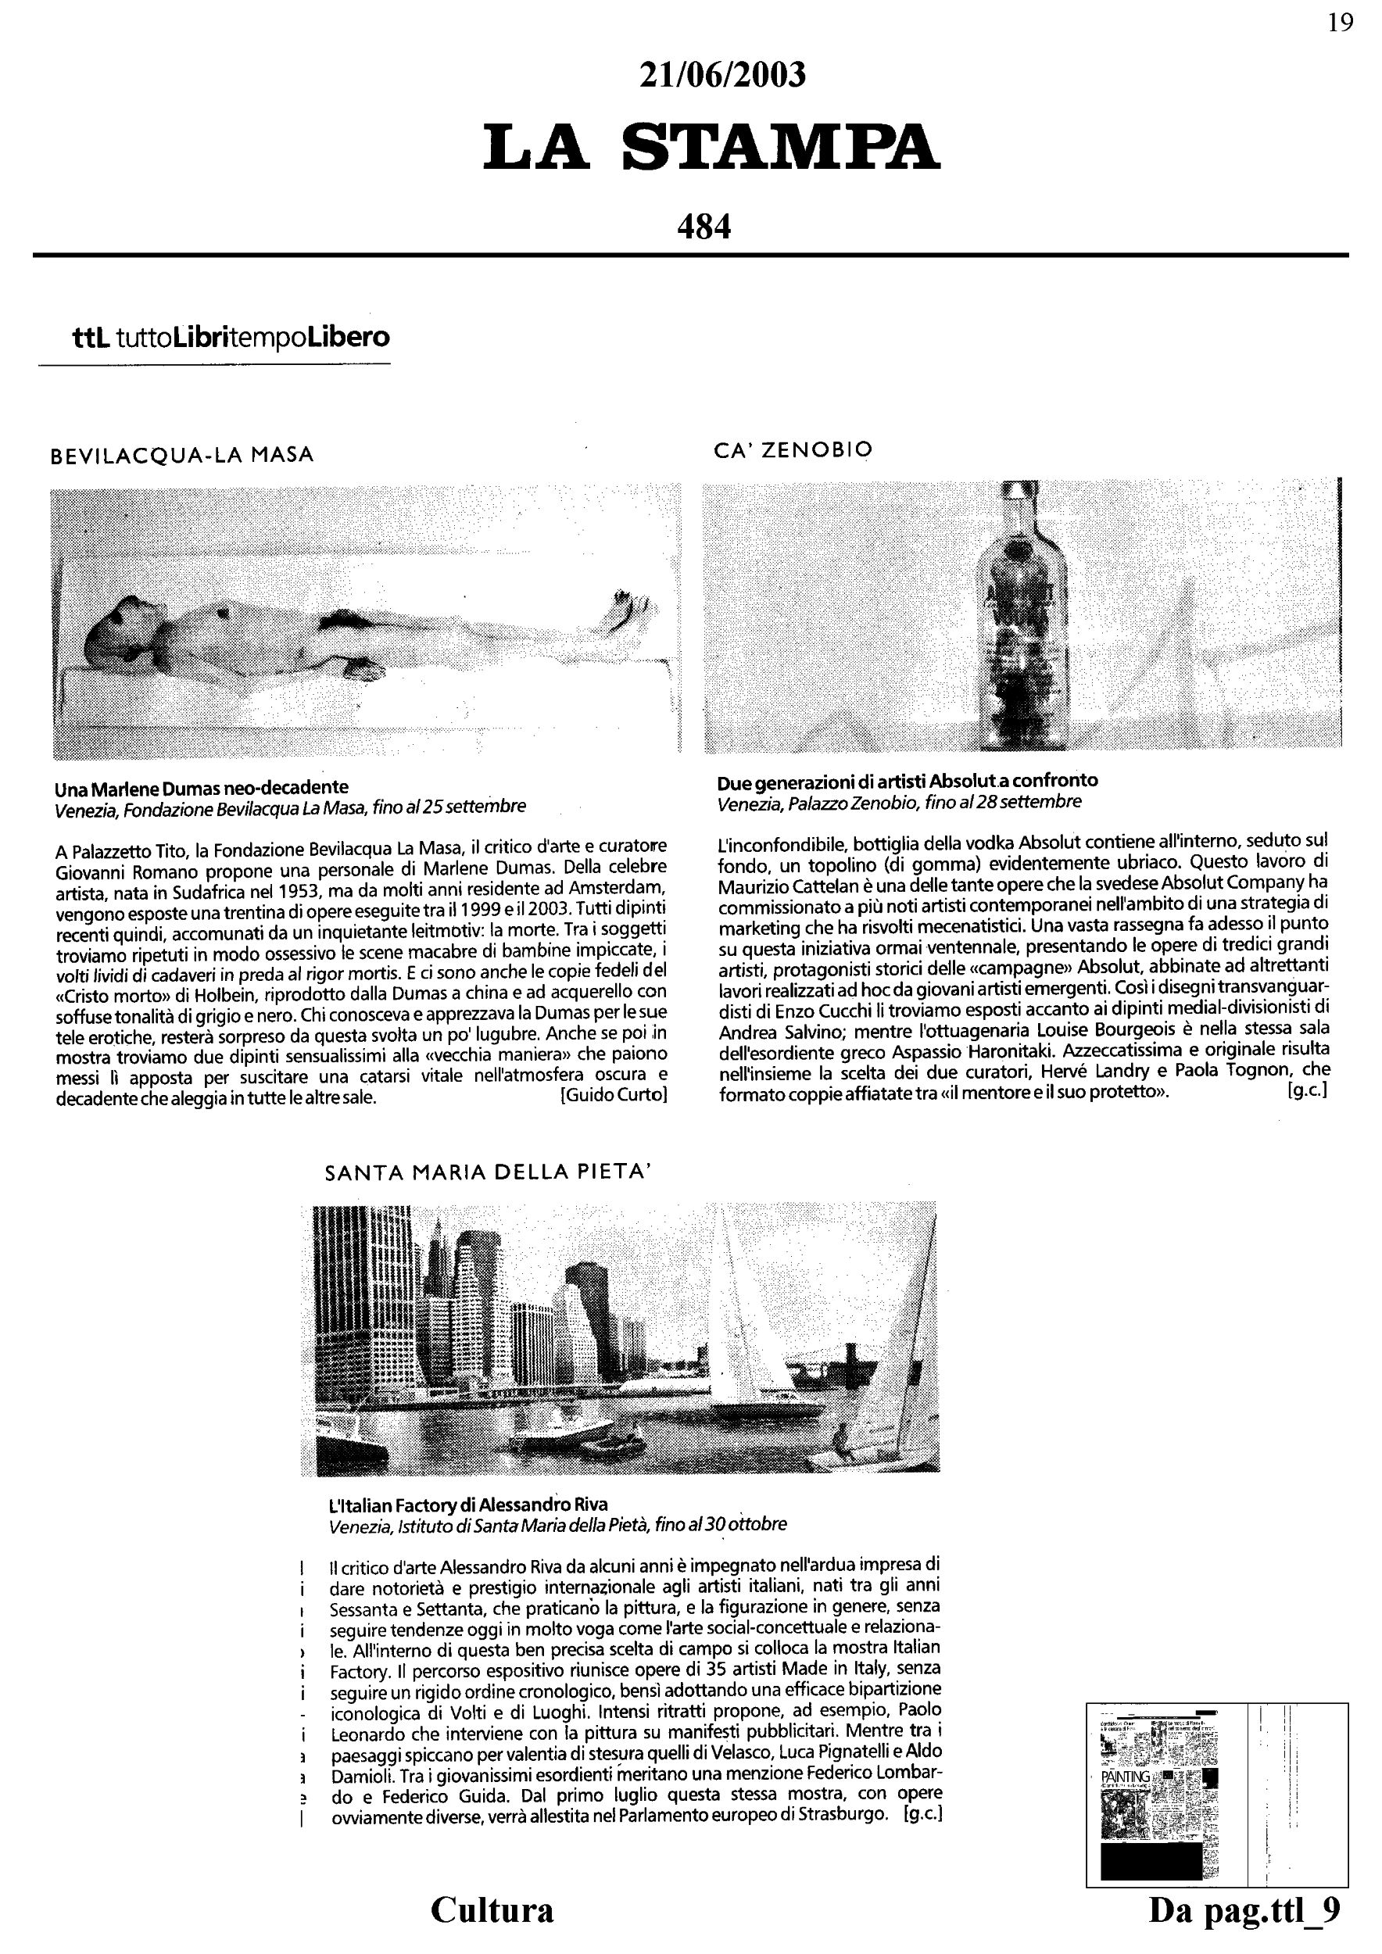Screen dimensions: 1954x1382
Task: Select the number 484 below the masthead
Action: click(704, 227)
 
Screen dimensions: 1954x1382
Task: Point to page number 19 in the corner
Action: click(1341, 23)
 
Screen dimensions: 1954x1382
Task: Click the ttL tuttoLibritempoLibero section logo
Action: click(231, 337)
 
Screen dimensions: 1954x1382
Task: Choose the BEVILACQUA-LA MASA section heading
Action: click(183, 456)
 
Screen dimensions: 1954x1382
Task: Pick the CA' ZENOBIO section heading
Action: click(793, 450)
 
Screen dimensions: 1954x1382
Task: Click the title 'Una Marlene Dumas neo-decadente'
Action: click(202, 786)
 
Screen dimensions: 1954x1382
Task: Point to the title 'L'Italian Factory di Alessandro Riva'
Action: click(469, 1504)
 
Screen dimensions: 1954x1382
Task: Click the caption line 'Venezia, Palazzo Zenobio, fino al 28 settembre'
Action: click(900, 802)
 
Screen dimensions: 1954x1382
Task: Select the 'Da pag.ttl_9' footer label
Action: click(1244, 1910)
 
